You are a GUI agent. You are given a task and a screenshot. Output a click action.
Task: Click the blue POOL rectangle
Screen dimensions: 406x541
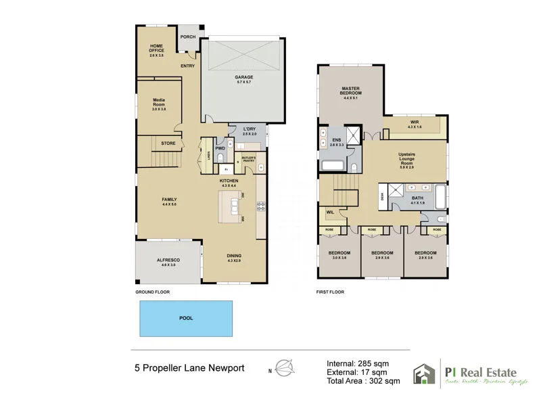[x=185, y=318]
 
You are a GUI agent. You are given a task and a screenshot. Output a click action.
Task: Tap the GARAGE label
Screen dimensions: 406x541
[x=243, y=77]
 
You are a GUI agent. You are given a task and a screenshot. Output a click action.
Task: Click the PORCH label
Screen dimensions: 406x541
[x=187, y=37]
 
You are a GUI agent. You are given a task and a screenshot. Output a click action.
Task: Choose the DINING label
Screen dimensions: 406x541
[x=235, y=255]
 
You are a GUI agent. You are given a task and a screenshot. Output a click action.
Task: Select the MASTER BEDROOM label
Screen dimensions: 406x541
[x=350, y=90]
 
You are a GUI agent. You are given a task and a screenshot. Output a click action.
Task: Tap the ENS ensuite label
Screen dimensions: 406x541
[x=337, y=141]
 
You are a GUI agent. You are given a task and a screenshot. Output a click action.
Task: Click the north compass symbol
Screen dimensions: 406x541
[x=287, y=369]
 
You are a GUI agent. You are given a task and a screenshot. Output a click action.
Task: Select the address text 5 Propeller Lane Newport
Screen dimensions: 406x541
[x=189, y=369]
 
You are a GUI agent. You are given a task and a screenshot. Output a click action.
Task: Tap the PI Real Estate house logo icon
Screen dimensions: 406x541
[x=424, y=374]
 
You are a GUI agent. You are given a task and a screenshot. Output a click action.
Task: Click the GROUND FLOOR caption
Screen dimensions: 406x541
[x=152, y=292]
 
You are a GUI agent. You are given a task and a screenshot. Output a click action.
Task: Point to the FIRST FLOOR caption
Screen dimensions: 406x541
[x=331, y=292]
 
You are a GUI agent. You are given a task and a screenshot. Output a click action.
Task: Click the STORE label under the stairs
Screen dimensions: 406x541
[x=168, y=143]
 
